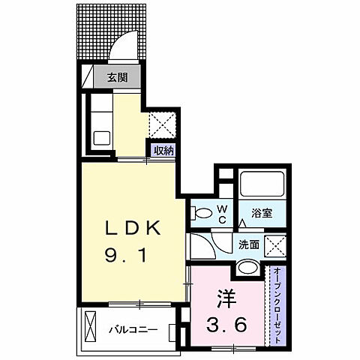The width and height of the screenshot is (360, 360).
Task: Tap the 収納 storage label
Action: click(x=164, y=150)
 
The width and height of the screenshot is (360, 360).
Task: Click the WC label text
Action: click(x=222, y=214)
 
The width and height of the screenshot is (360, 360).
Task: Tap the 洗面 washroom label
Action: click(x=250, y=243)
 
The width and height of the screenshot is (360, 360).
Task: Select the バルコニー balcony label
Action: click(x=132, y=328)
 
